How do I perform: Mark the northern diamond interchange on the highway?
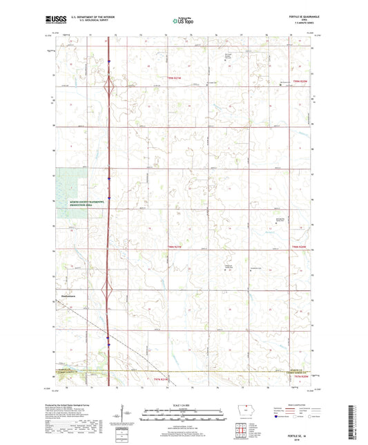coord(108,88)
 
